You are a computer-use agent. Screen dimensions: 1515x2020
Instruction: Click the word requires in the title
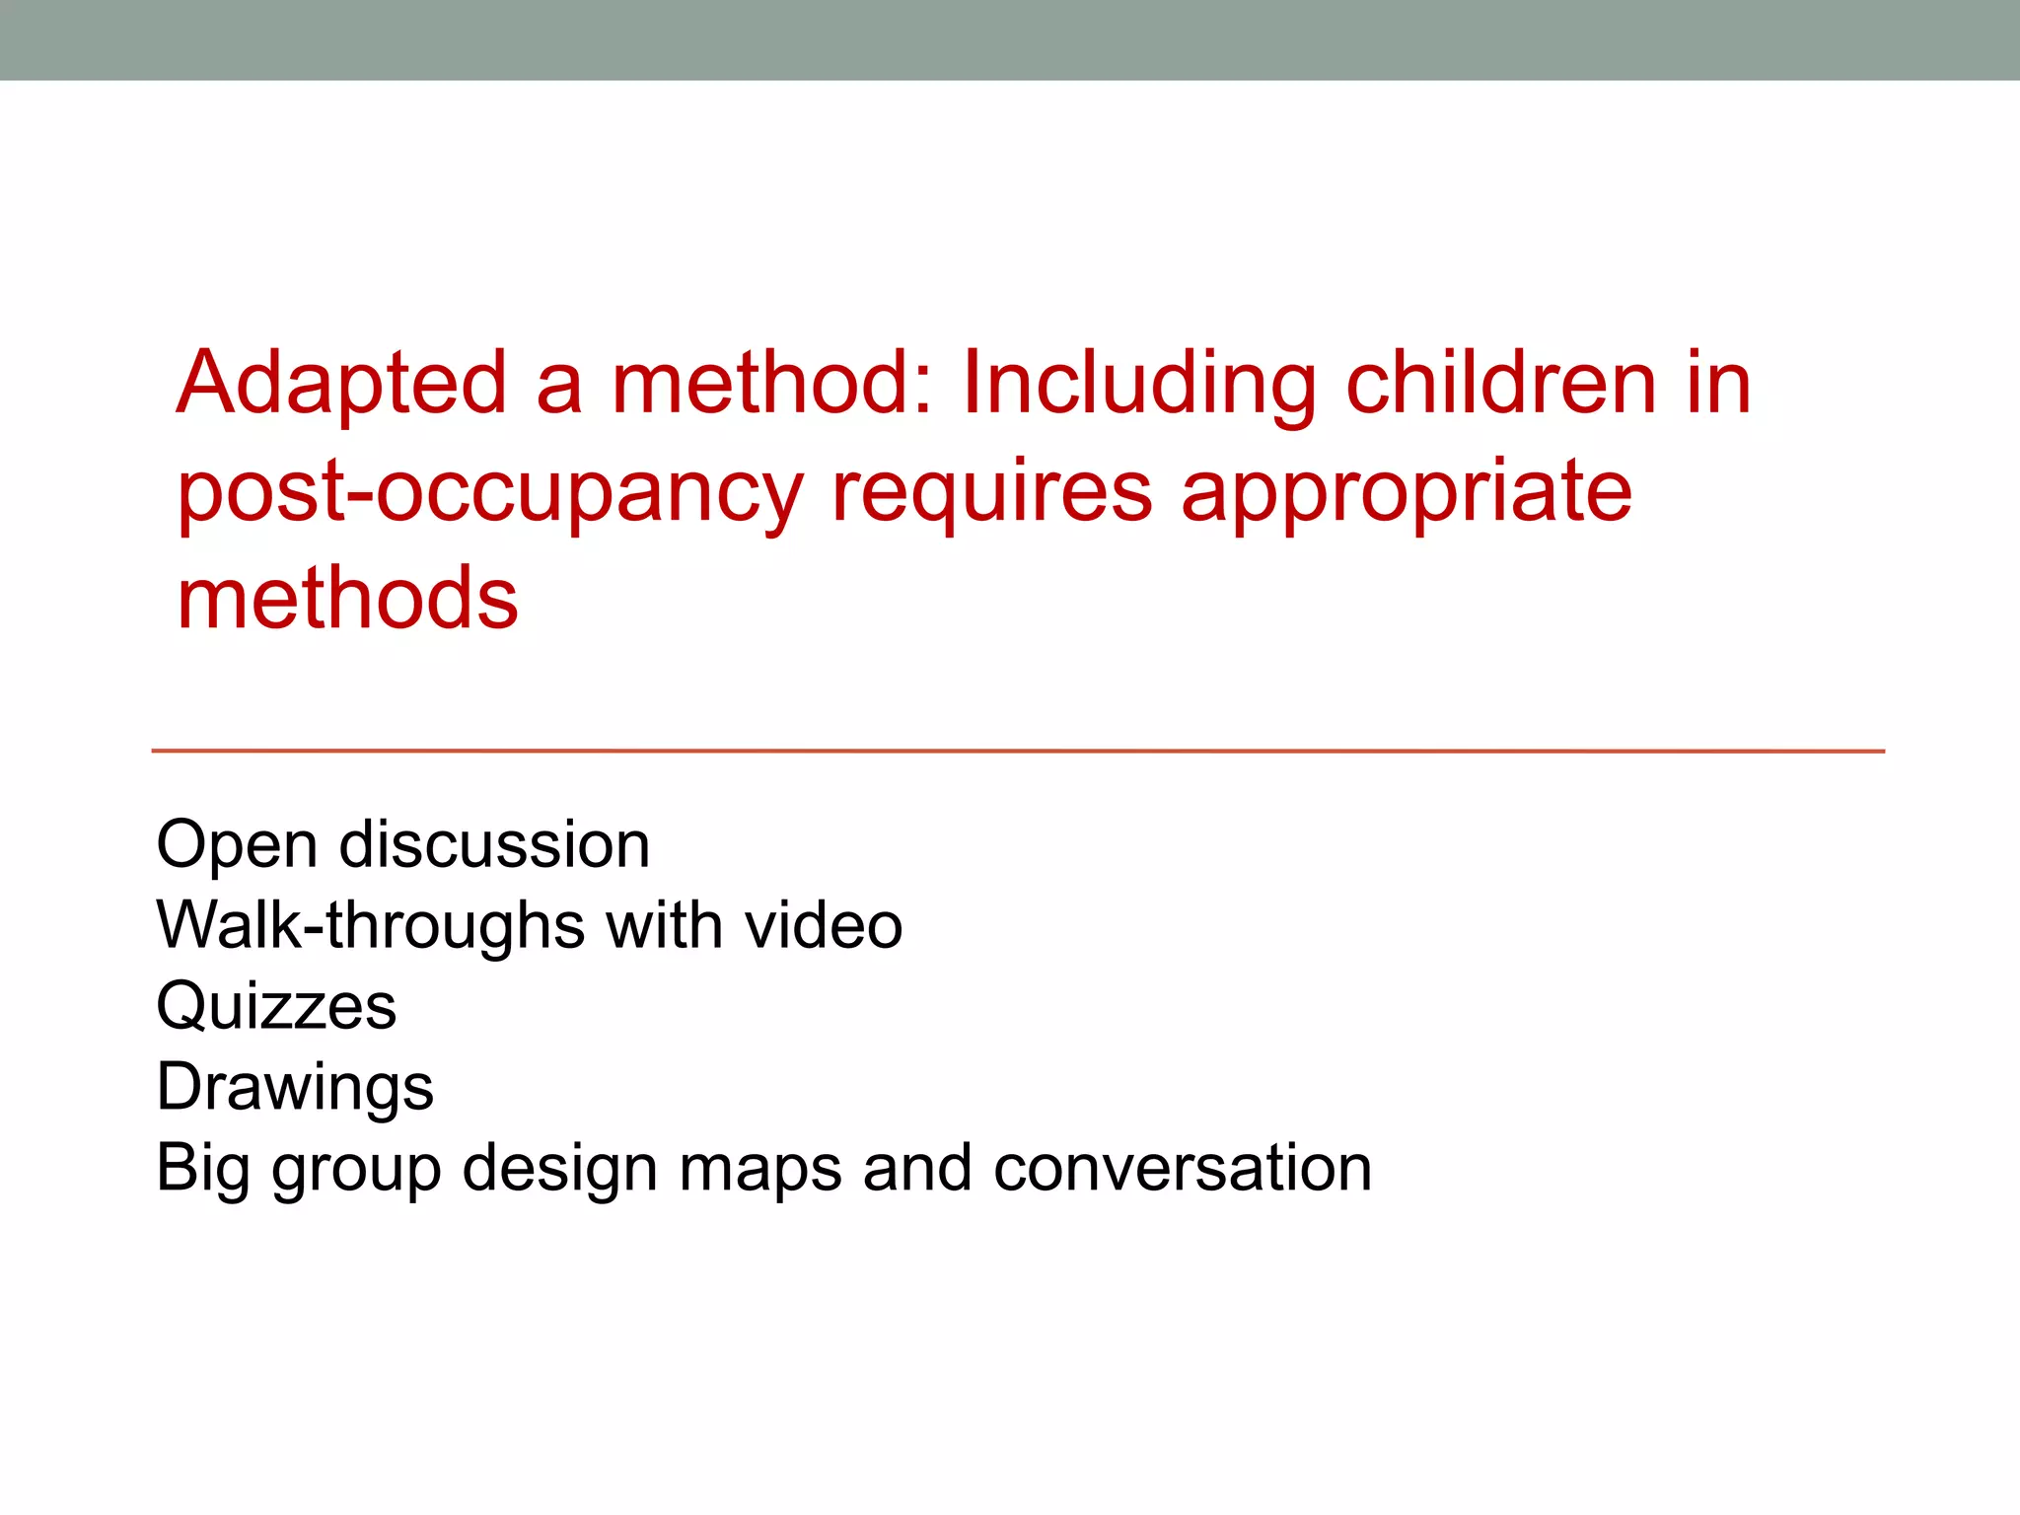click(992, 493)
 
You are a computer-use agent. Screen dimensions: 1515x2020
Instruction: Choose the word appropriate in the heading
click(1407, 493)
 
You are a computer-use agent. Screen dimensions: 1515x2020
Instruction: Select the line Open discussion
click(402, 845)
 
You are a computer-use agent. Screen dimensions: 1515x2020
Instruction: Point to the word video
click(824, 926)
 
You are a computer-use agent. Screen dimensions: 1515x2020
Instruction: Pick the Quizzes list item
click(276, 1007)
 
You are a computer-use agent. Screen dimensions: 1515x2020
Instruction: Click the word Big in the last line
click(202, 1170)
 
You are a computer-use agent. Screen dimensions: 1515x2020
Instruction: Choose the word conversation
click(1183, 1169)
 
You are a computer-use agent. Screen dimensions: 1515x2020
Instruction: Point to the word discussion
click(494, 845)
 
